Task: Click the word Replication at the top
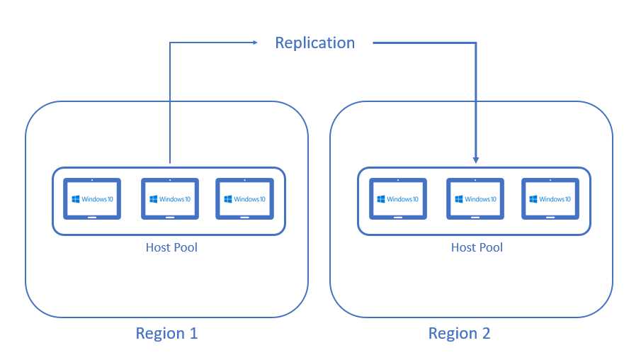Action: [x=314, y=43]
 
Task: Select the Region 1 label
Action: [x=166, y=332]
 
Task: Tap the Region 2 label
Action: [x=459, y=332]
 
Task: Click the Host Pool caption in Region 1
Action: [x=171, y=247]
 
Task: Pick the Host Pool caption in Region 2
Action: [x=477, y=247]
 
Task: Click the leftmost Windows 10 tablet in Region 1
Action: [x=92, y=199]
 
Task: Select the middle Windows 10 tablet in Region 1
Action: [x=170, y=199]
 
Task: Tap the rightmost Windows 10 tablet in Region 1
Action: [x=244, y=199]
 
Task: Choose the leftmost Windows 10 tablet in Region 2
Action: [x=398, y=199]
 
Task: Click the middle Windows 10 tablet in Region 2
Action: [x=475, y=199]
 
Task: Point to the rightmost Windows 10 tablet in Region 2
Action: [x=550, y=199]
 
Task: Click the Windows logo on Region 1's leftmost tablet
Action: [x=75, y=199]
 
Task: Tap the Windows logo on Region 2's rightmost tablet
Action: [x=533, y=199]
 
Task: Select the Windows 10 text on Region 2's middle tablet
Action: [x=481, y=199]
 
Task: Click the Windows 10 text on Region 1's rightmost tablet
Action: [x=250, y=199]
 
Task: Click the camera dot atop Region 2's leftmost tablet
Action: [x=398, y=180]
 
